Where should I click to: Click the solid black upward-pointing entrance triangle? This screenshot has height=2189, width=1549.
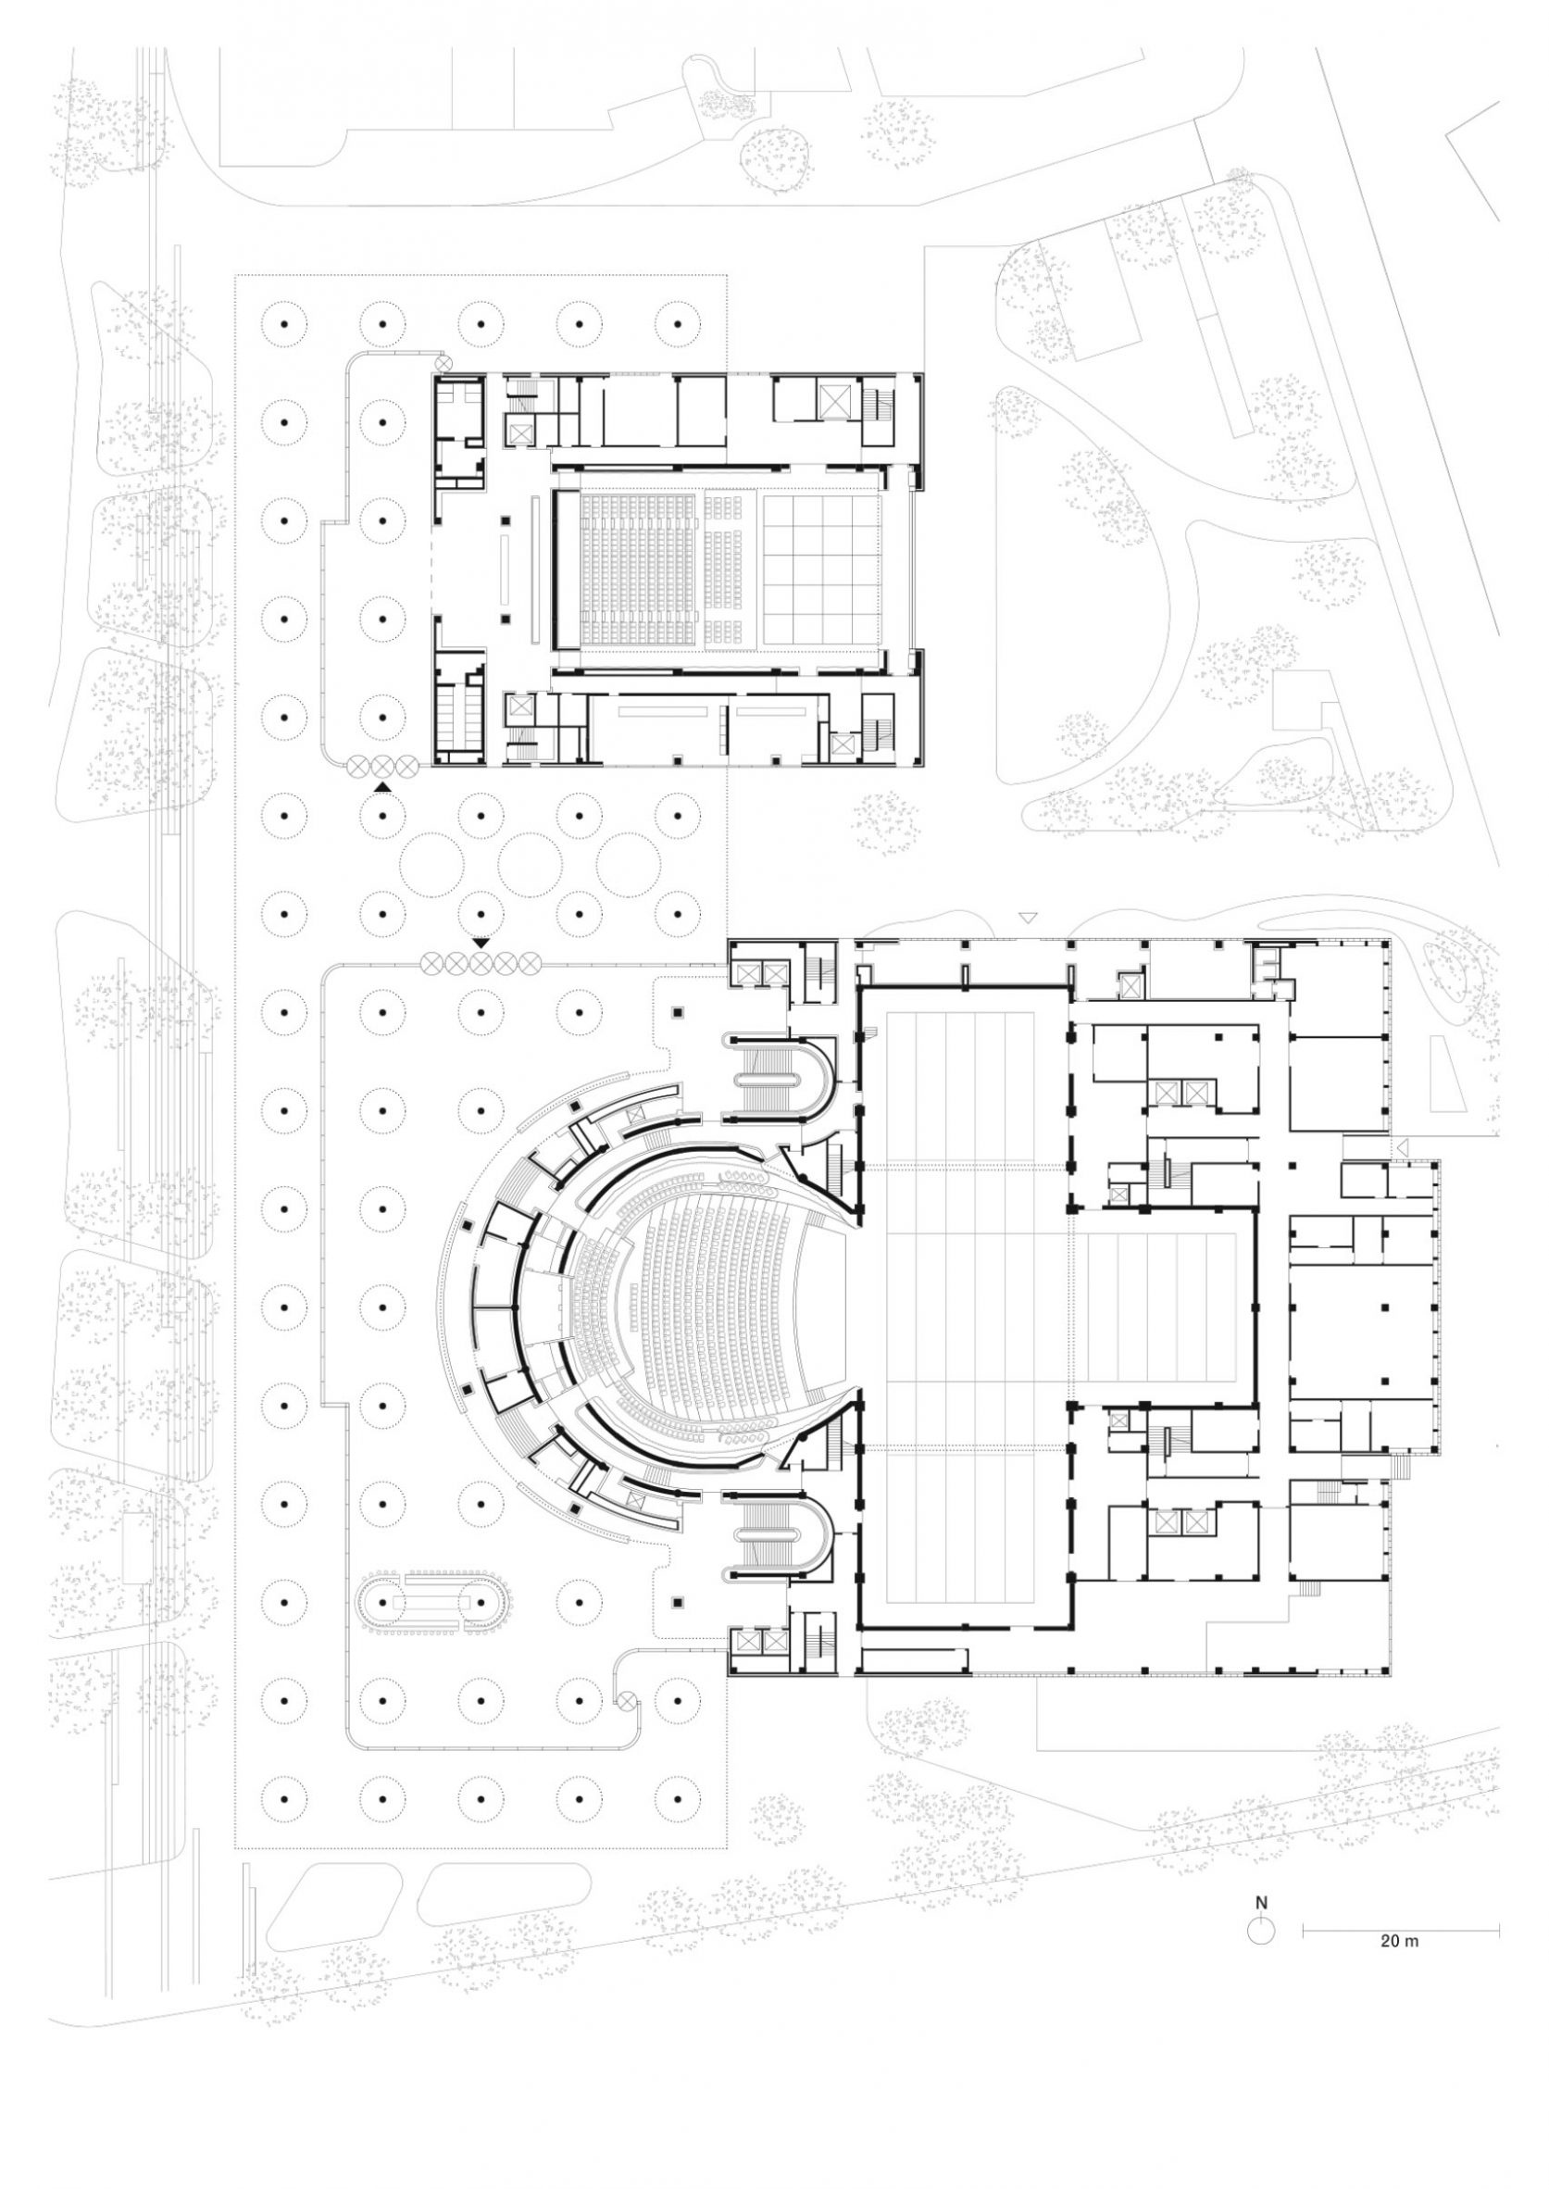click(382, 785)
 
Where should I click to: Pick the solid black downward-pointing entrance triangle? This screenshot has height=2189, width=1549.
click(481, 944)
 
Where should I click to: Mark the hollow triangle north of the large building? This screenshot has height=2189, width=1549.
click(1027, 918)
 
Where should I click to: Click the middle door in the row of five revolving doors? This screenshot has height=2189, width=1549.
click(480, 964)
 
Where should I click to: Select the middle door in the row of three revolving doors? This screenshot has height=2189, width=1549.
click(381, 764)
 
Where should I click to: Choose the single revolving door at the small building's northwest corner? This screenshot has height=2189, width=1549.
click(443, 363)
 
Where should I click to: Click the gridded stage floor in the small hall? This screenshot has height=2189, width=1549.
click(818, 568)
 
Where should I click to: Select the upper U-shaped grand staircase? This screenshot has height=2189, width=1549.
click(782, 1078)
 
